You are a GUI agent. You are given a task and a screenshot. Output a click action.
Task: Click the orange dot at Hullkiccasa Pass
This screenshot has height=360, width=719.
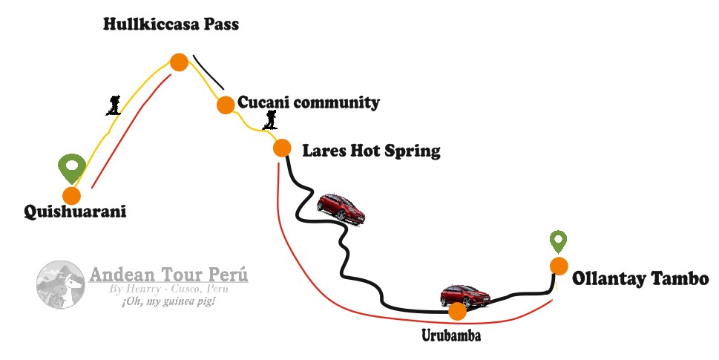point(178,62)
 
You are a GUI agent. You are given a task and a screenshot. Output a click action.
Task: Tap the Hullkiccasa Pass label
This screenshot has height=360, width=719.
point(171,24)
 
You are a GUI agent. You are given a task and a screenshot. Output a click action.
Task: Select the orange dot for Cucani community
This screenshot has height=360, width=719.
point(226,105)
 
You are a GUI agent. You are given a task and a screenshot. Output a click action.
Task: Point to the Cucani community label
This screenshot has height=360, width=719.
point(308,102)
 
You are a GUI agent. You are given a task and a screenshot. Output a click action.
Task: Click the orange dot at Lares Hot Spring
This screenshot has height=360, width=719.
point(282,148)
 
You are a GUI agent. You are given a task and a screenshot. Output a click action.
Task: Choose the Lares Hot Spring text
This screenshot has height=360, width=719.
point(371,151)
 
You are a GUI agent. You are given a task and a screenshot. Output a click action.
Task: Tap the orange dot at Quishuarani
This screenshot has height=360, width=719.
point(72,196)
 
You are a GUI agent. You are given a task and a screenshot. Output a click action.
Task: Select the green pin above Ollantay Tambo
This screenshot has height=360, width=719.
point(558,241)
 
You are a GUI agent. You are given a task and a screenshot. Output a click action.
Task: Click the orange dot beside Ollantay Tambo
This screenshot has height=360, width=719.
point(559,265)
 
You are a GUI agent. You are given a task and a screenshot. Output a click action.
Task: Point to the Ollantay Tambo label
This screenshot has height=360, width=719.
point(640,279)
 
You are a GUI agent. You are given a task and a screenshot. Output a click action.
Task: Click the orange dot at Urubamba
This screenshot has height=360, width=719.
point(457,311)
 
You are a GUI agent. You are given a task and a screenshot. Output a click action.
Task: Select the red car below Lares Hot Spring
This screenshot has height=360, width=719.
point(341,206)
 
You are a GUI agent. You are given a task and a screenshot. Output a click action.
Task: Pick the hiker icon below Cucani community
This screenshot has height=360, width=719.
point(272,120)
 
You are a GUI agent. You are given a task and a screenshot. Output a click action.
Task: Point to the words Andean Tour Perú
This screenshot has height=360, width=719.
point(168,275)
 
